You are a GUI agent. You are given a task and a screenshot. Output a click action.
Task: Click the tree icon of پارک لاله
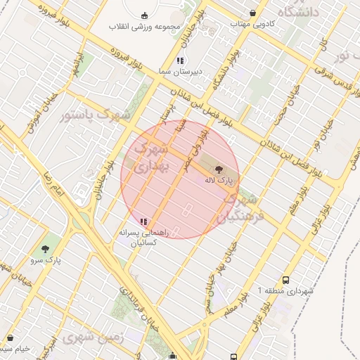(218, 169)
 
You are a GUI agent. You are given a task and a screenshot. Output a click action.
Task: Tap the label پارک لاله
(218, 181)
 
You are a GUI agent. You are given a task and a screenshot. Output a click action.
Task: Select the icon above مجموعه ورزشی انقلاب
(145, 15)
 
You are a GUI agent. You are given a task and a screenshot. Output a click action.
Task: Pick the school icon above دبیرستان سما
(180, 60)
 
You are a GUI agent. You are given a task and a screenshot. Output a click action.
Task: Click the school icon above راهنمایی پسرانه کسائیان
(144, 221)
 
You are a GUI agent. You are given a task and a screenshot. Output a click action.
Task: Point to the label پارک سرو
(46, 260)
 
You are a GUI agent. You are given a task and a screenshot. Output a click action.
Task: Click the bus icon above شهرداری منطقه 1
(285, 279)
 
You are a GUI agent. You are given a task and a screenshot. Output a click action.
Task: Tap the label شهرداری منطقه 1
(284, 290)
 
